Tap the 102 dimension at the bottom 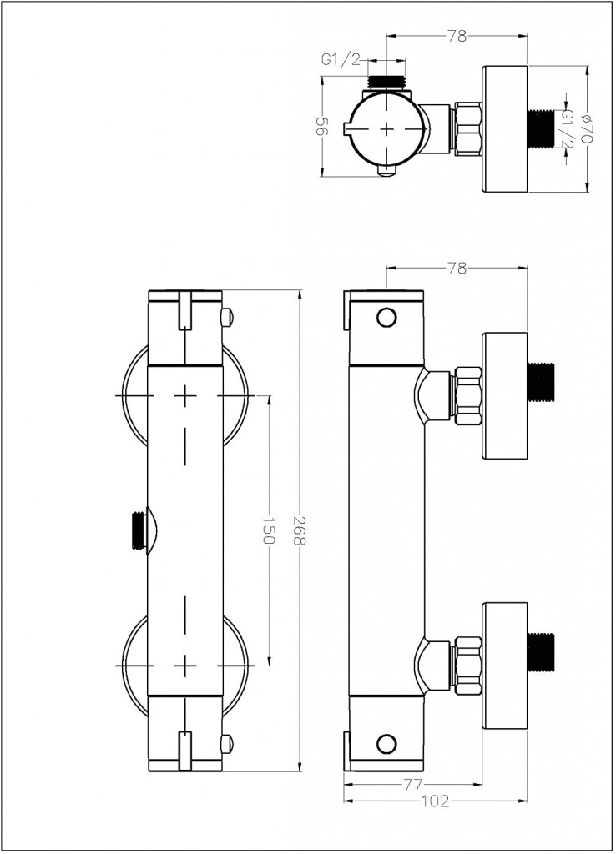pyautogui.click(x=436, y=801)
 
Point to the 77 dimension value pyautogui.click(x=414, y=785)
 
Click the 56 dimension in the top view pyautogui.click(x=322, y=127)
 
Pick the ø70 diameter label pyautogui.click(x=586, y=128)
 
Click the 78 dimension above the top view pyautogui.click(x=457, y=36)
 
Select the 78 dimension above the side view pyautogui.click(x=457, y=268)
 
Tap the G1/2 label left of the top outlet pyautogui.click(x=341, y=60)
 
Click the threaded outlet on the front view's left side pyautogui.click(x=140, y=529)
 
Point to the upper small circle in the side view pyautogui.click(x=386, y=318)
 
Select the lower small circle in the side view pyautogui.click(x=386, y=742)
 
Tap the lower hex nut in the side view pyautogui.click(x=467, y=665)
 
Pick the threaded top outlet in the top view pyautogui.click(x=386, y=81)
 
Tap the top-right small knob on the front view pyautogui.click(x=228, y=316)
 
